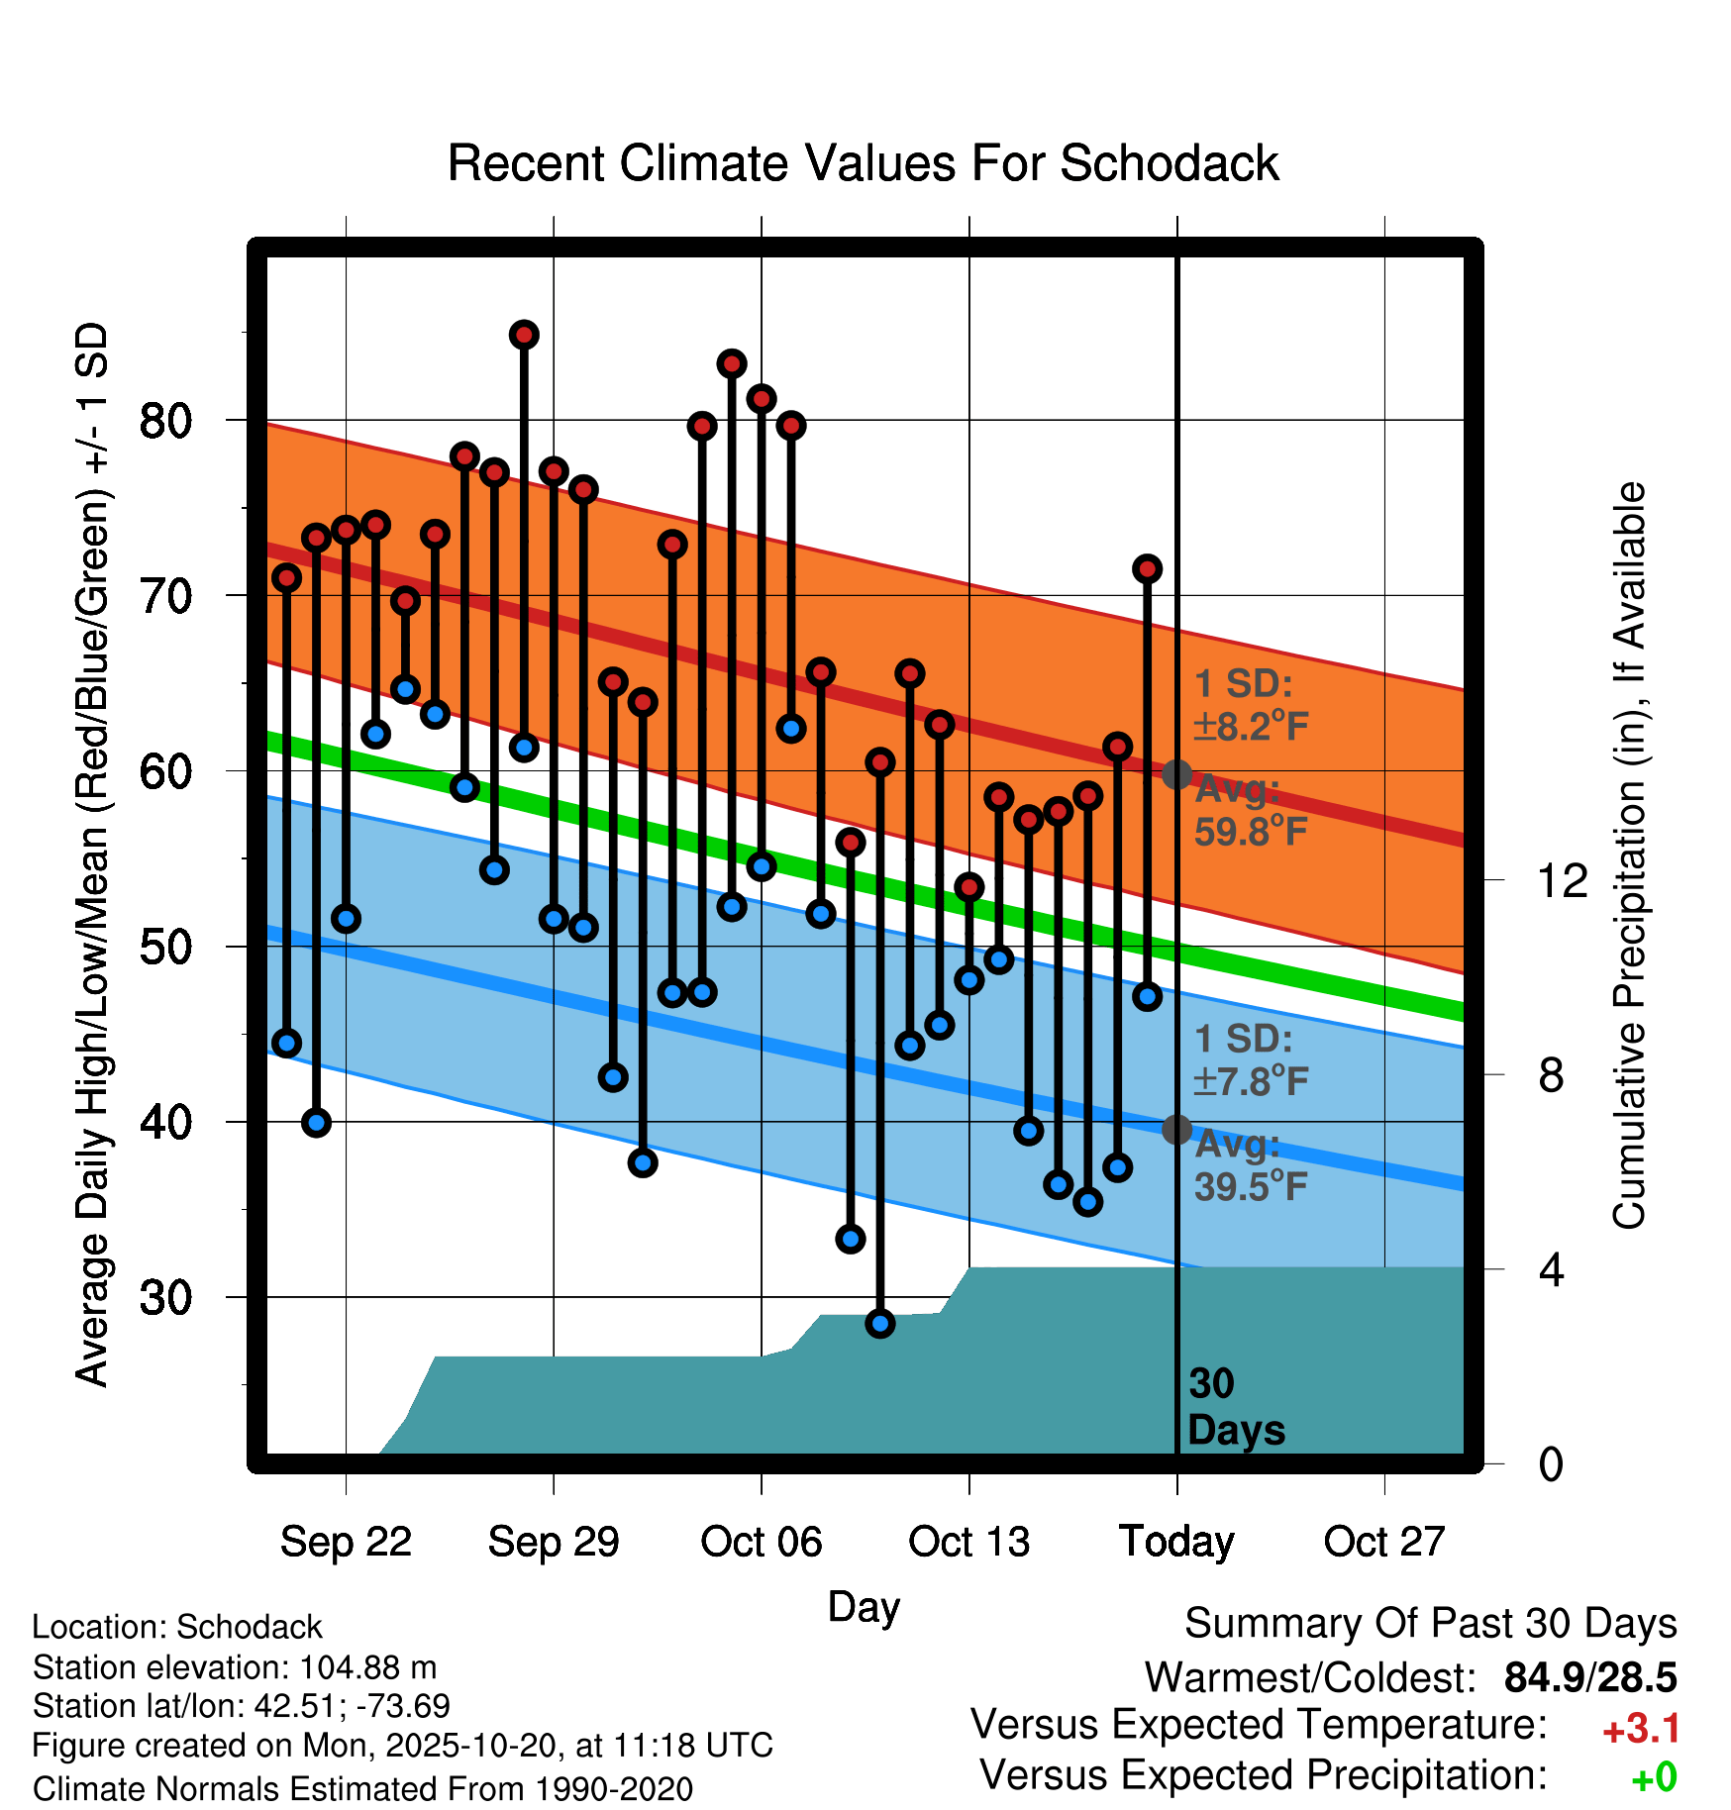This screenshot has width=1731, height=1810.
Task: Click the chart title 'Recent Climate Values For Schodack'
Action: [x=863, y=163]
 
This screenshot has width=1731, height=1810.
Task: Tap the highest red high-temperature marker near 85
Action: [x=524, y=335]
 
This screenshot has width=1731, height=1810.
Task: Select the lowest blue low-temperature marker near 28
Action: [x=879, y=1323]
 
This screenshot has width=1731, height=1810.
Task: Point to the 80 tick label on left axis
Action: [x=165, y=421]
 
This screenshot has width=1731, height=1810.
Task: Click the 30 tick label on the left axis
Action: [x=165, y=1297]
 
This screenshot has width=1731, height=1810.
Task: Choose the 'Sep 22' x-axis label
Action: [x=346, y=1542]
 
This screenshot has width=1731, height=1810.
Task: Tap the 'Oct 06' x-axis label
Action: [x=761, y=1542]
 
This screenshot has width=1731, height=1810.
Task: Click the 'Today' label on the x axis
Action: [x=1176, y=1542]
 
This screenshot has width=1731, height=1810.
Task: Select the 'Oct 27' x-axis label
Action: [x=1384, y=1542]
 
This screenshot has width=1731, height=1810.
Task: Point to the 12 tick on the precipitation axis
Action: [x=1562, y=880]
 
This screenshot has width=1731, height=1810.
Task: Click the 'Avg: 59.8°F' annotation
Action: [x=1250, y=811]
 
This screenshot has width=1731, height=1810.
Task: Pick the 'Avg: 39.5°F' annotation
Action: [x=1250, y=1165]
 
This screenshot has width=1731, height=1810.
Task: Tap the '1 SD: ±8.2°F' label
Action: [x=1250, y=705]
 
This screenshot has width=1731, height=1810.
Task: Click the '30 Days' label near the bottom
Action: [x=1234, y=1407]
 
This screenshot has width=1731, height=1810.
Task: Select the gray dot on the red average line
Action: [x=1176, y=774]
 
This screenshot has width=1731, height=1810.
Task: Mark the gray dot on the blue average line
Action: [x=1176, y=1129]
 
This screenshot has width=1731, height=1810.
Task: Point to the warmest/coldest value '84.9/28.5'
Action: [x=1589, y=1677]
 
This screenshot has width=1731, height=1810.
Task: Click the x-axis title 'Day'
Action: [x=864, y=1606]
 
